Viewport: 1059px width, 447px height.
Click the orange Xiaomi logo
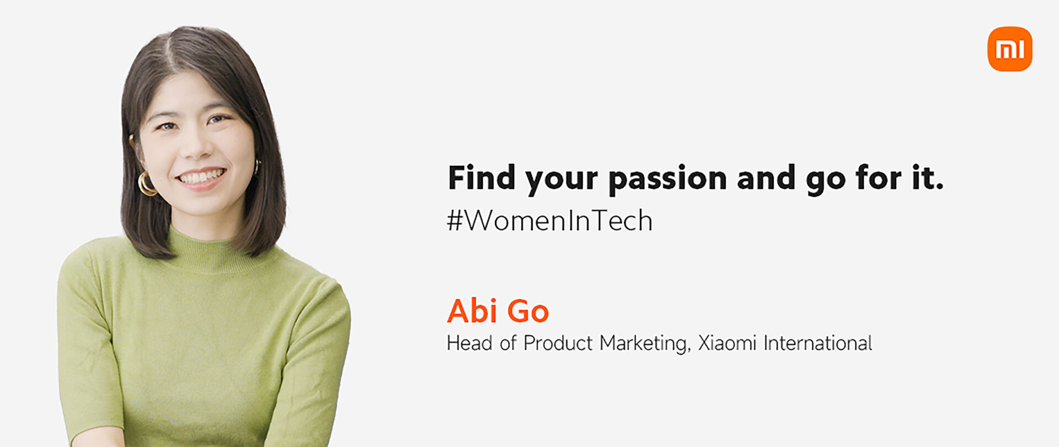1009,49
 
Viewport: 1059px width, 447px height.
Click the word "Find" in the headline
482,178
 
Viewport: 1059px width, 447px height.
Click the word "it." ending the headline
928,178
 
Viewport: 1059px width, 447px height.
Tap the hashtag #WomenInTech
549,221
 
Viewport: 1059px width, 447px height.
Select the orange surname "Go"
528,311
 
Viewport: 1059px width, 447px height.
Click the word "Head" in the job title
469,343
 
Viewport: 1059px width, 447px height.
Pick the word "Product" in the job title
558,343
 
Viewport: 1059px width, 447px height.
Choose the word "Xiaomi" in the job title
727,343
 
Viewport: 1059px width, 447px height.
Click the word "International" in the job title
817,343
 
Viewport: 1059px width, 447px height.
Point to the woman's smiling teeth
201,177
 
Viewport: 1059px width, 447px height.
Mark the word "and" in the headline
766,178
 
